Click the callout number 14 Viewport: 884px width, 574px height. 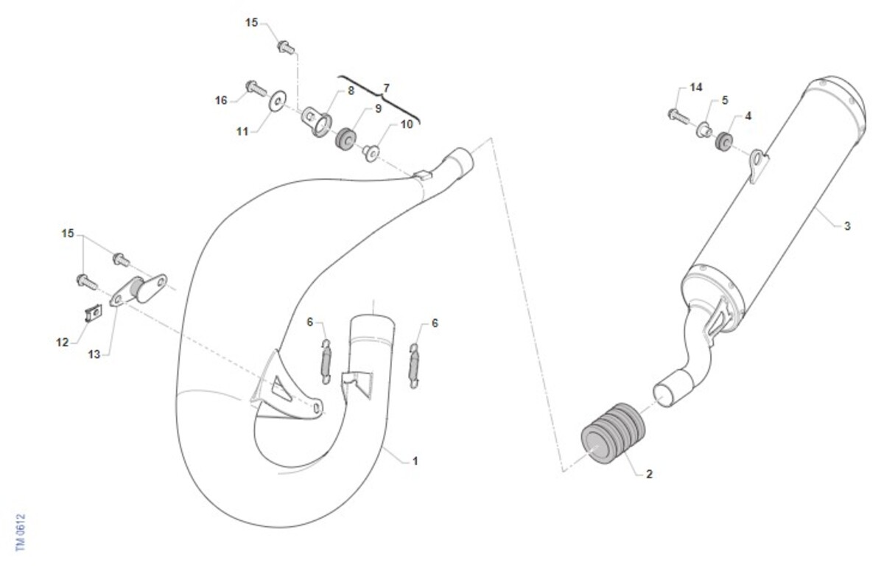pos(695,87)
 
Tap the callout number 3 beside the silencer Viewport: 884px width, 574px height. pos(847,226)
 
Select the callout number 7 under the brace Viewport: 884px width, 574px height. pos(386,88)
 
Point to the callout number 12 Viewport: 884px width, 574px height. pos(63,343)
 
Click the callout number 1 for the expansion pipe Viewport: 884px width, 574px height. pos(415,461)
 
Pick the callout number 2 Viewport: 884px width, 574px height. pos(649,474)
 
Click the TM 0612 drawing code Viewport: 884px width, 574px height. pos(21,532)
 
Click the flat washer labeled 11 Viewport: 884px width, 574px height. pos(278,102)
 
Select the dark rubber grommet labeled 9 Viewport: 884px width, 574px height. pos(345,139)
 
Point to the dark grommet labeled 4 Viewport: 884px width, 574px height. pos(724,141)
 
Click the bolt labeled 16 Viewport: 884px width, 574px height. pos(256,88)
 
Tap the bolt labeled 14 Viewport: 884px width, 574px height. pos(678,116)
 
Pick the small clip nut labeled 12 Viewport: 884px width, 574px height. pos(94,314)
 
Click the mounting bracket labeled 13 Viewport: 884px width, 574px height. pos(138,290)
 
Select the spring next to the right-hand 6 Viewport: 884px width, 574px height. pos(413,365)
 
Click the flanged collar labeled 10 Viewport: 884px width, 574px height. pos(371,153)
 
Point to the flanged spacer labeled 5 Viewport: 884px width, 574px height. pos(704,130)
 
